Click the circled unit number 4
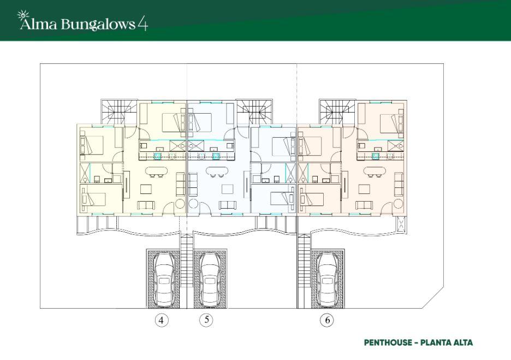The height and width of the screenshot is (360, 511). click(x=161, y=320)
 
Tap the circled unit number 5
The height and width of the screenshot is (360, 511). click(x=206, y=320)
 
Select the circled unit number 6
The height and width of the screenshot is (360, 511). click(x=326, y=320)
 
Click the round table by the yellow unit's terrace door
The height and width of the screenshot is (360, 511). click(x=181, y=205)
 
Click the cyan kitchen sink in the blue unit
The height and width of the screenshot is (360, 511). click(x=216, y=156)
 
